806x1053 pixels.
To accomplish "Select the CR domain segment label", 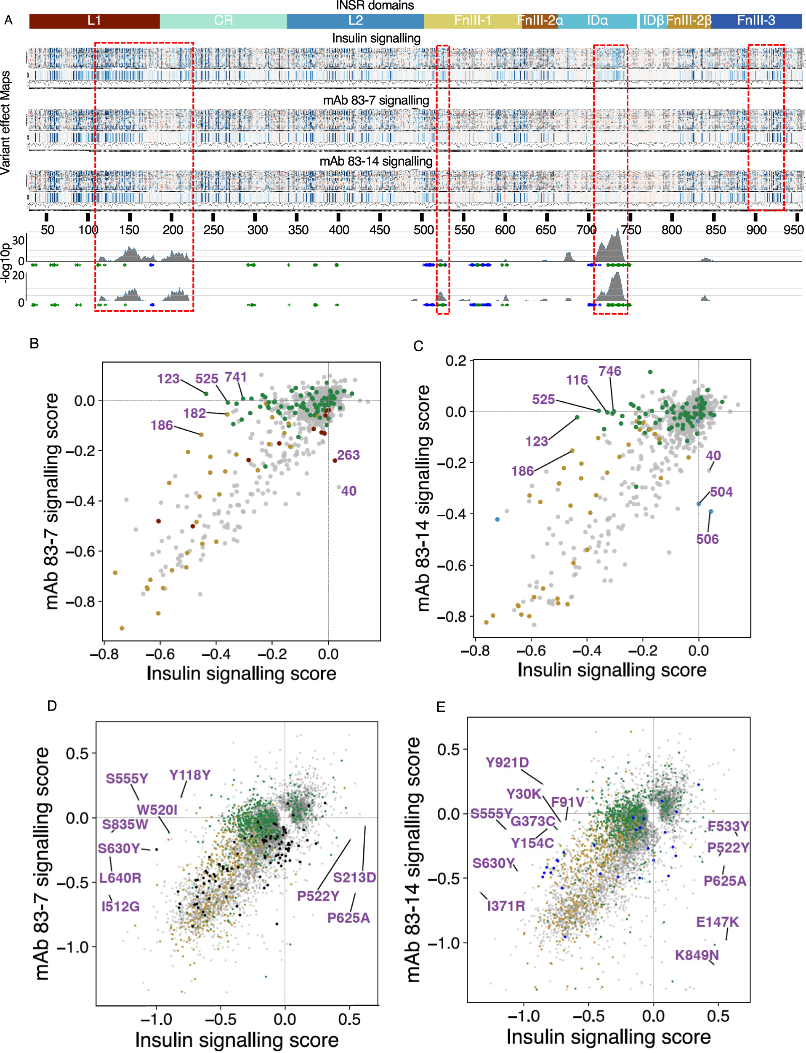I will coord(223,21).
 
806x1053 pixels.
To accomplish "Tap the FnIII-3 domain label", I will coord(755,21).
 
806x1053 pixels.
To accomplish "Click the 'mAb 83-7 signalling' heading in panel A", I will coord(376,100).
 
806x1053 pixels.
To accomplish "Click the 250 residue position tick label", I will coord(213,230).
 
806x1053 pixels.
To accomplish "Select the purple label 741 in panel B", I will coord(236,377).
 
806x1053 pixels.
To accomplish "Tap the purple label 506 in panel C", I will coord(707,539).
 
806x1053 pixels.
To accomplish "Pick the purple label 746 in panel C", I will coord(609,371).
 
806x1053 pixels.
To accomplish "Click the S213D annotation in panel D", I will coord(354,877).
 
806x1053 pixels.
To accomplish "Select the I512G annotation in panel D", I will coord(120,906).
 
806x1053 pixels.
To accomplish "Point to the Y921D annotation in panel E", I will coord(507,762).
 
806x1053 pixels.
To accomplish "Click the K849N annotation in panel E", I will coord(697,955).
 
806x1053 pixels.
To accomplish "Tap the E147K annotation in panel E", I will coord(717,922).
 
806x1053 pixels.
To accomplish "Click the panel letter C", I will coord(418,346).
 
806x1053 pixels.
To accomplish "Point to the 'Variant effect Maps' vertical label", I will coord(5,123).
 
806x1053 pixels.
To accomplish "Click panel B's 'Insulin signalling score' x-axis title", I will coord(241,673).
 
